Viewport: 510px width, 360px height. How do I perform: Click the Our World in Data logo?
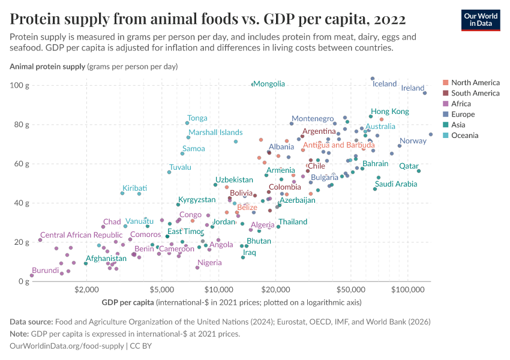[x=481, y=19]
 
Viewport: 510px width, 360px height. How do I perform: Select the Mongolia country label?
[x=269, y=84]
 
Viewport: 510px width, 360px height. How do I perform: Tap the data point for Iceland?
[x=373, y=79]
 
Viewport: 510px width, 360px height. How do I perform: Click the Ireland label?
[x=413, y=88]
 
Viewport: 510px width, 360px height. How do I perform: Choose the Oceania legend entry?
[x=466, y=136]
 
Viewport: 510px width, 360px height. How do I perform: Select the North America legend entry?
[x=475, y=83]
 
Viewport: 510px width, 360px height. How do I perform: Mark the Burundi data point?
[x=32, y=275]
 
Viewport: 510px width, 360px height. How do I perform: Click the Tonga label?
[x=197, y=118]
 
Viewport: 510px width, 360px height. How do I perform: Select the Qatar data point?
[x=419, y=171]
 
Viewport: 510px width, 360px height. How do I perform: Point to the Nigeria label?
[x=209, y=263]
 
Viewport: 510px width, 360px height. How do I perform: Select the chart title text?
[x=208, y=20]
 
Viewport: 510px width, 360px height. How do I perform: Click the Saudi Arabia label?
[x=396, y=184]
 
